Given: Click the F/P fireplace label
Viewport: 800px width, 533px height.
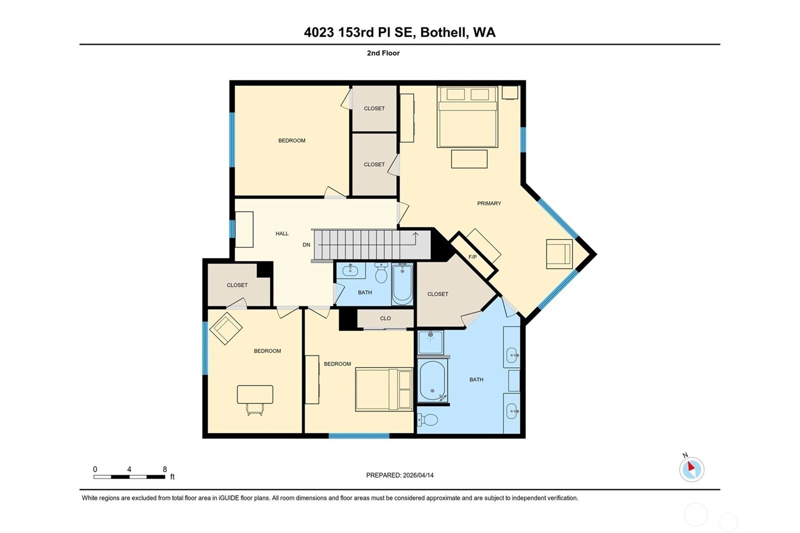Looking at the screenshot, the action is coord(472,257).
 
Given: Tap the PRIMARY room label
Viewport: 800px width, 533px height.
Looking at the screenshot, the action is coord(489,203).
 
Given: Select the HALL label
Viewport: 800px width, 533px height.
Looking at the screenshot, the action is coord(282,233).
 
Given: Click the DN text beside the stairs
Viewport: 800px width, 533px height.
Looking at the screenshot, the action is coord(306,244).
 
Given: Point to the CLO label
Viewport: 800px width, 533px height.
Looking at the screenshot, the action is coord(385,318).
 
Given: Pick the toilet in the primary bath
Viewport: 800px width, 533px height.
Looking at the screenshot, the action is coord(427,419).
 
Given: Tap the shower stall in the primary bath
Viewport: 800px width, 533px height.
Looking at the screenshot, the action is coord(430,342).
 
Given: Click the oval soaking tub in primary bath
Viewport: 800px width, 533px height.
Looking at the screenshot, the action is coord(432,381).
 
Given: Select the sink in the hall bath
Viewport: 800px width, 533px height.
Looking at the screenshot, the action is coord(350,270).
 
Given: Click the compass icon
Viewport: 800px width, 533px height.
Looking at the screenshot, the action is coord(691,469).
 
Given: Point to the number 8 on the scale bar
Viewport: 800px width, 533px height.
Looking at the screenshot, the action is coord(164,469).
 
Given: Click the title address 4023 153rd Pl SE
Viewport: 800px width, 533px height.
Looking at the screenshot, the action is coord(359,32).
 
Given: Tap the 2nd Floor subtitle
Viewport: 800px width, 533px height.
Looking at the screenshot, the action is coord(383,53).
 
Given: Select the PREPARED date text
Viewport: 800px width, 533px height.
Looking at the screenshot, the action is coord(399,475).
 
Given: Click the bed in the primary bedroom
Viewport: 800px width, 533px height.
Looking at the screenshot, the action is coord(467,117).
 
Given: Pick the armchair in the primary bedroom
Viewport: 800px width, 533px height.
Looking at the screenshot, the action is coord(559,254).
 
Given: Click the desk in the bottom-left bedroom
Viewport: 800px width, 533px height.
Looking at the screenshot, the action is coord(255,394).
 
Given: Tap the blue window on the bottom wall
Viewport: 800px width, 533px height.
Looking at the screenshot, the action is coord(359,436).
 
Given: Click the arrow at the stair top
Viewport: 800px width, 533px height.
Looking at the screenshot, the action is coord(415,235).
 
